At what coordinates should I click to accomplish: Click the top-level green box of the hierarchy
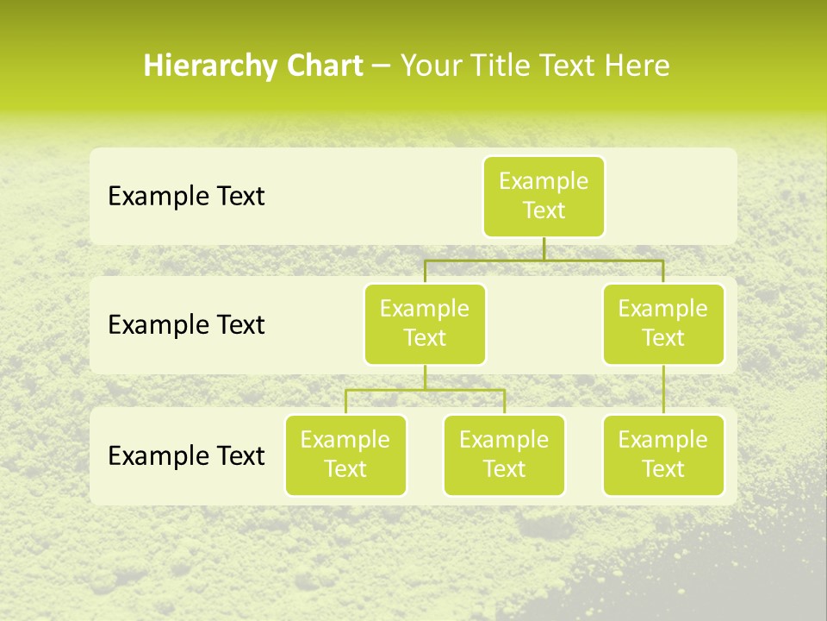click(544, 196)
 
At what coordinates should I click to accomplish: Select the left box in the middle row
click(425, 323)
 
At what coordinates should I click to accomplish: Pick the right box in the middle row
click(663, 323)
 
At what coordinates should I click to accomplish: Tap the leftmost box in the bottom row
click(345, 455)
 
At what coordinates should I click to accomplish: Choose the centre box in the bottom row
click(504, 455)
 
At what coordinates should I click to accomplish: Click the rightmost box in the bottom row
click(663, 455)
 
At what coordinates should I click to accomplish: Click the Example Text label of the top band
click(186, 197)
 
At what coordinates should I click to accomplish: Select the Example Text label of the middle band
click(186, 325)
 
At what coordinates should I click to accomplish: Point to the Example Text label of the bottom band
click(186, 455)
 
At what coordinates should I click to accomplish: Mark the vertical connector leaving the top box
click(544, 248)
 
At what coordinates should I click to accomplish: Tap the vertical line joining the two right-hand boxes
click(663, 390)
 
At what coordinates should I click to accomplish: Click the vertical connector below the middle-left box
click(425, 377)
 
